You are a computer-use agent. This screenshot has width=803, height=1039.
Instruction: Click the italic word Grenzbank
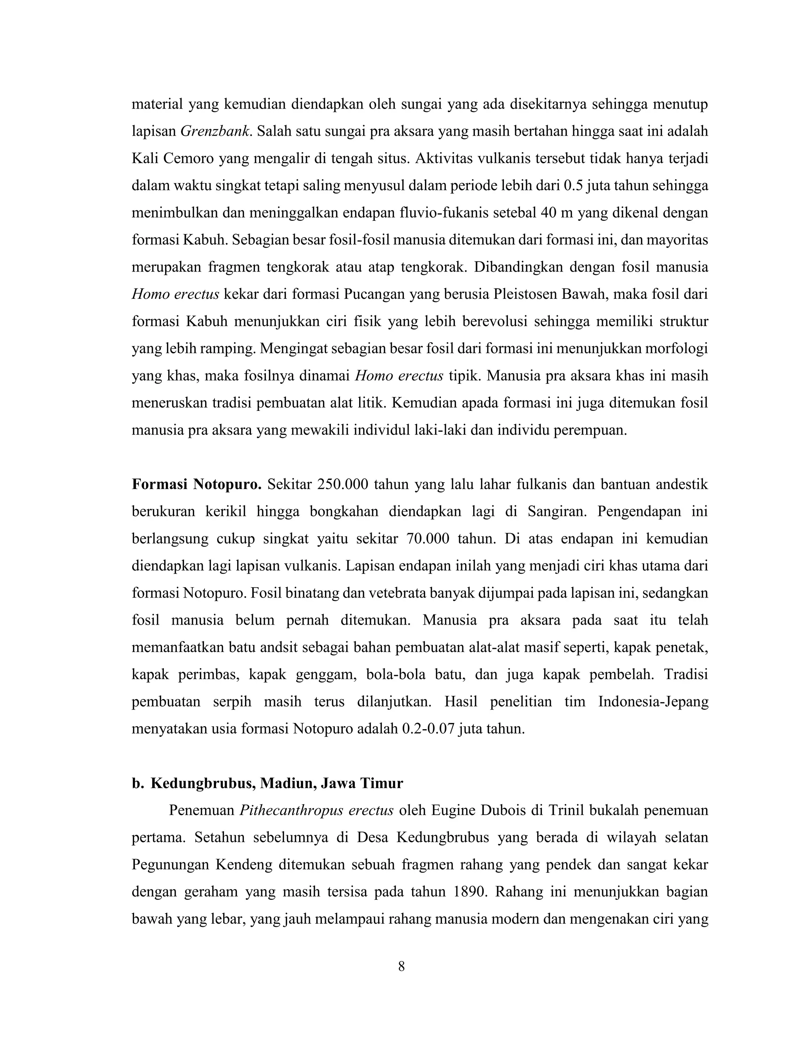coord(214,131)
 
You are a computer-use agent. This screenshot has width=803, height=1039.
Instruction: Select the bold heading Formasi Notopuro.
coord(196,485)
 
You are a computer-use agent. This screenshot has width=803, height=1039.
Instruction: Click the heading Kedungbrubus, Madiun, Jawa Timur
coord(276,783)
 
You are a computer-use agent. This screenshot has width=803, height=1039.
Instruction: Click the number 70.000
coord(428,539)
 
